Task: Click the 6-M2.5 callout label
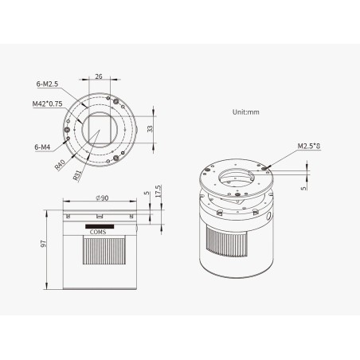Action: pos(47,84)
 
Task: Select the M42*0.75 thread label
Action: pos(48,104)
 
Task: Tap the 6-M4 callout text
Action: pos(42,147)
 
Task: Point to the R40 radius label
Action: pos(60,165)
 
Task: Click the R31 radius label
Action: pos(77,175)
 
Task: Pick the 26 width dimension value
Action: pos(99,76)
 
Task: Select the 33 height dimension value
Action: pos(150,129)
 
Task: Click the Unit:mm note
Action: pos(246,112)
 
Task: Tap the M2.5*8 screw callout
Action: pos(309,146)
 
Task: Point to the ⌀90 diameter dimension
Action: pos(102,198)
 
